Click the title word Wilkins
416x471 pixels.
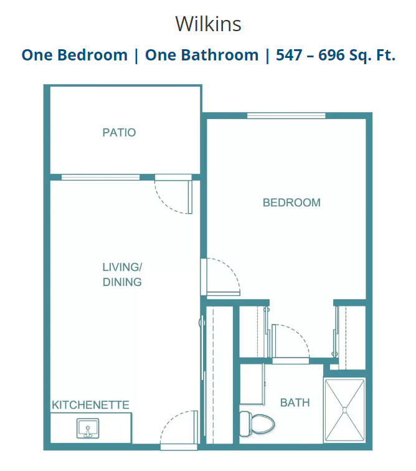click(x=208, y=24)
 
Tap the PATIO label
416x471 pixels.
click(x=119, y=133)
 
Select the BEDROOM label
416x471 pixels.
click(x=291, y=202)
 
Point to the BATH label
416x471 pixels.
click(x=295, y=402)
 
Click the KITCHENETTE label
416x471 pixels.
click(x=90, y=405)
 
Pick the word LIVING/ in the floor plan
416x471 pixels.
click(x=122, y=267)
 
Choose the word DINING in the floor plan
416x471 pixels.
click(x=122, y=282)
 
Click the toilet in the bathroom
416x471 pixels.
click(x=257, y=424)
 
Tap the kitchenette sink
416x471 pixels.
click(x=88, y=429)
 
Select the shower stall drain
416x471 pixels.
click(x=344, y=410)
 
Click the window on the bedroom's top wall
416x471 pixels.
click(x=286, y=116)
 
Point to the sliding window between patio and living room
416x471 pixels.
click(x=100, y=177)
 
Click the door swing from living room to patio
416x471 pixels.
click(x=174, y=194)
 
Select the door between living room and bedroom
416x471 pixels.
click(x=220, y=277)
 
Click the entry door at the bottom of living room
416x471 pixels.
click(x=179, y=430)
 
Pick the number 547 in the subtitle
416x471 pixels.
click(x=289, y=55)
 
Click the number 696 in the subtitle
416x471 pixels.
click(x=331, y=55)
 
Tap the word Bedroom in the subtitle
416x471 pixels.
click(x=92, y=55)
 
